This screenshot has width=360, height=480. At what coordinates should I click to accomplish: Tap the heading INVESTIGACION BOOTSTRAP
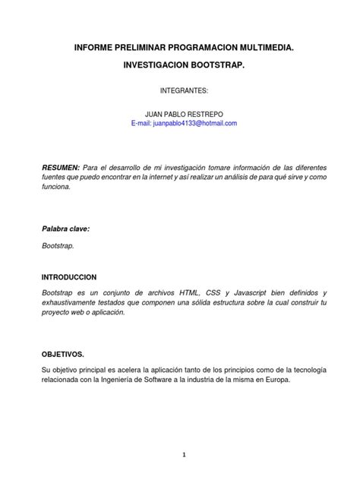click(x=184, y=67)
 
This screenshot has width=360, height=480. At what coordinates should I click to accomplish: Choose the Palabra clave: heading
click(x=65, y=227)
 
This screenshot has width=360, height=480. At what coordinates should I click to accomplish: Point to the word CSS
click(x=226, y=292)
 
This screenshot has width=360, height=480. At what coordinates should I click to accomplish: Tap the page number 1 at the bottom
click(x=183, y=455)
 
